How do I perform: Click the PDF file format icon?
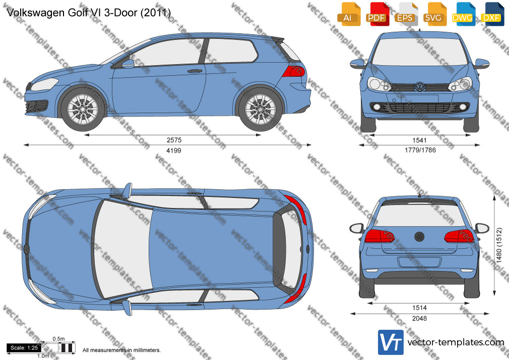pyautogui.click(x=376, y=14)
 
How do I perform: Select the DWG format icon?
pyautogui.click(x=463, y=14)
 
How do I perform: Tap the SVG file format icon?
pyautogui.click(x=434, y=14)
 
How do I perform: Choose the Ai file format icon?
pyautogui.click(x=349, y=14)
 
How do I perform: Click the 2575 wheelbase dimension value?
pyautogui.click(x=174, y=140)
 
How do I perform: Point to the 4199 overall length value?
pyautogui.click(x=174, y=150)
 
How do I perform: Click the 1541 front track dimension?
pyautogui.click(x=419, y=140)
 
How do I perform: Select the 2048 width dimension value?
pyautogui.click(x=419, y=319)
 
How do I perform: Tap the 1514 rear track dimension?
pyautogui.click(x=419, y=308)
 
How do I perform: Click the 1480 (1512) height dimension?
pyautogui.click(x=499, y=245)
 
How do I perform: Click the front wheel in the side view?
pyautogui.click(x=83, y=109)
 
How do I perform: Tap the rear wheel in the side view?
pyautogui.click(x=261, y=109)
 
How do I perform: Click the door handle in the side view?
pyautogui.click(x=195, y=71)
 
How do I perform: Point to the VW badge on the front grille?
pyautogui.click(x=420, y=87)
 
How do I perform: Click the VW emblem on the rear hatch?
pyautogui.click(x=419, y=236)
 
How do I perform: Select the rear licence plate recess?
pyautogui.click(x=419, y=262)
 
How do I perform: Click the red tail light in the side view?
pyautogui.click(x=294, y=71)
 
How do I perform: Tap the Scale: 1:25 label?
pyautogui.click(x=24, y=348)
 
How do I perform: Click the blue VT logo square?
pyautogui.click(x=391, y=342)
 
